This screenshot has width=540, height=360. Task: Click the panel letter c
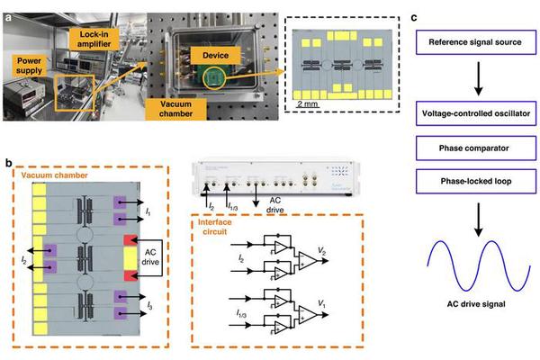(412, 13)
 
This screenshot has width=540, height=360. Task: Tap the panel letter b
(9, 163)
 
